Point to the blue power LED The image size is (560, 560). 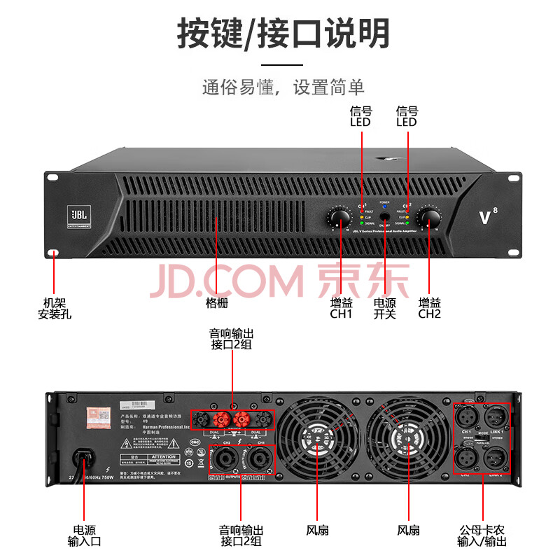click(384, 207)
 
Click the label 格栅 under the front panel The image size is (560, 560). click(216, 303)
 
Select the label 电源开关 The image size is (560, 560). click(384, 309)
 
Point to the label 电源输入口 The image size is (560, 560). click(84, 535)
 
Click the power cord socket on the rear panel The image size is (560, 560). click(85, 460)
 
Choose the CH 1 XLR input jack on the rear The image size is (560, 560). click(466, 418)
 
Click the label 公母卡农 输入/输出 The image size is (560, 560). click(482, 535)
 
